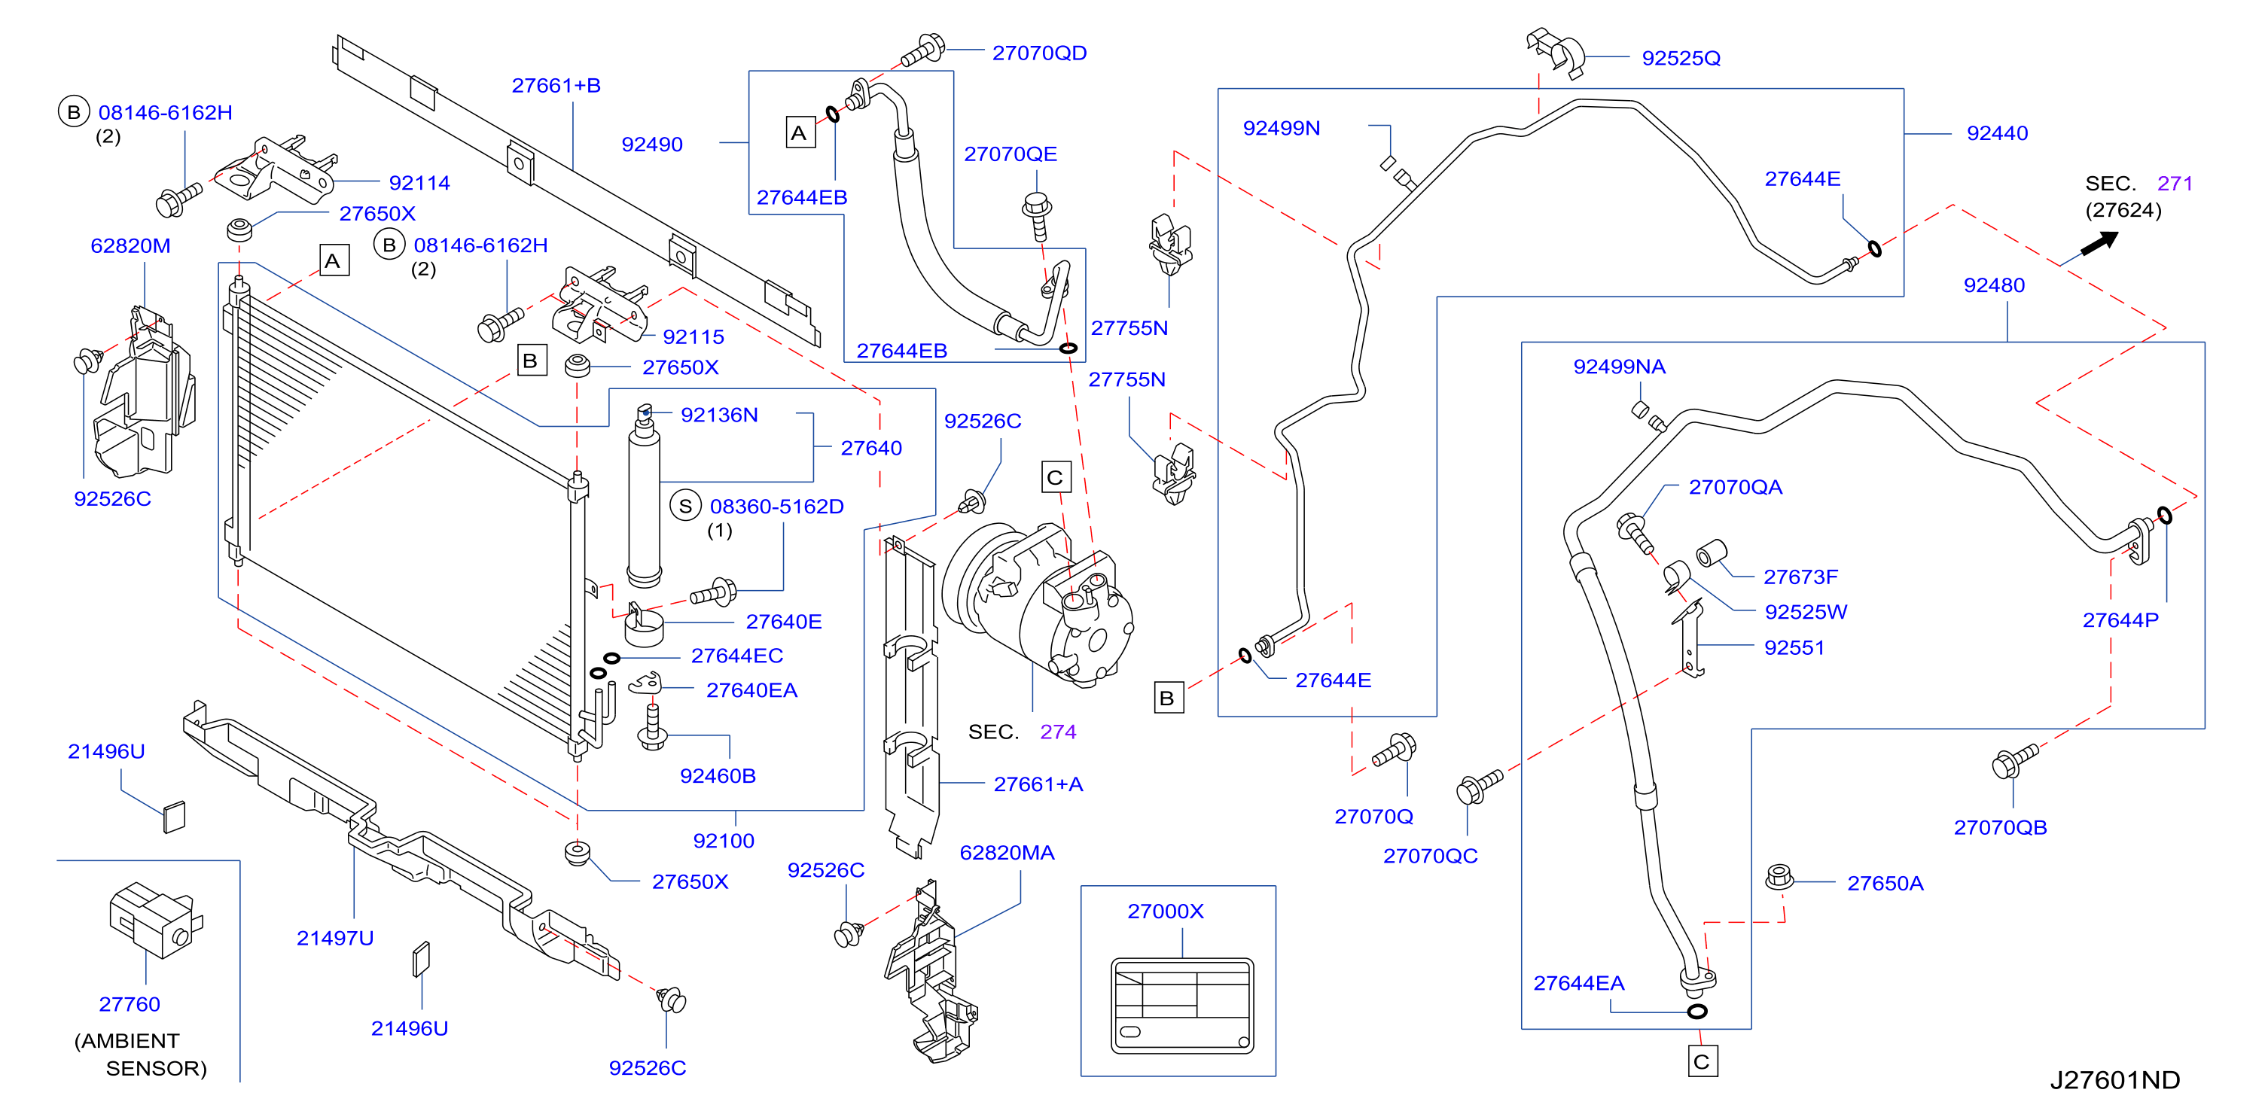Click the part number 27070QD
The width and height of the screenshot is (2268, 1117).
click(x=1039, y=53)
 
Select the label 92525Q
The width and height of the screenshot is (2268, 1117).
click(x=1680, y=58)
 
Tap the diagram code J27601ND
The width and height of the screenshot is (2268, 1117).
click(x=2115, y=1080)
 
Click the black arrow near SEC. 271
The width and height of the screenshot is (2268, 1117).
click(x=2099, y=243)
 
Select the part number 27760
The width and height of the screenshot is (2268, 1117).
click(x=130, y=1004)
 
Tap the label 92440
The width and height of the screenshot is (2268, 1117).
click(x=1997, y=134)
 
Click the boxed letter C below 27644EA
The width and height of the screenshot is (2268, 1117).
click(x=1702, y=1061)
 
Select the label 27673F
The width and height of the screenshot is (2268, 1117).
click(x=1800, y=577)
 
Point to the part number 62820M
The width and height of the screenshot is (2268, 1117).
click(x=130, y=246)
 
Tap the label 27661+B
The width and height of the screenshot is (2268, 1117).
click(x=556, y=85)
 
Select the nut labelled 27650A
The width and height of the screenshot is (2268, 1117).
click(x=1779, y=877)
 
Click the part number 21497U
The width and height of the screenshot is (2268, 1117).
click(x=334, y=939)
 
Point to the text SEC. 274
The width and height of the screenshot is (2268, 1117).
click(x=1021, y=732)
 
